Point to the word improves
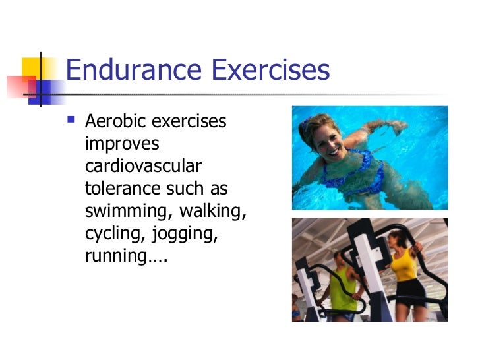[x=122, y=144]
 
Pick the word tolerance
[x=120, y=189]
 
